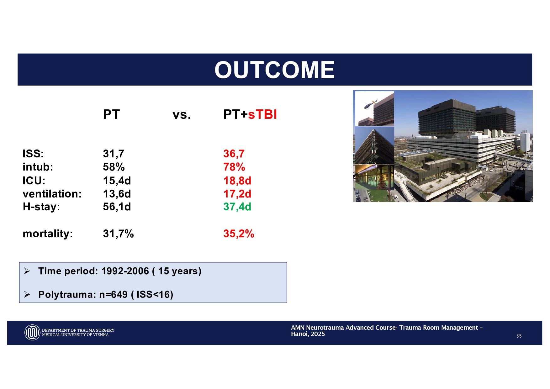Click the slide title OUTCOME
click(x=275, y=70)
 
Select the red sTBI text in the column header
click(x=262, y=114)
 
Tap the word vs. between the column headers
click(x=182, y=115)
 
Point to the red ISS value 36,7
click(x=234, y=154)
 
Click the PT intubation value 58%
click(x=114, y=167)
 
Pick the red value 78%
click(x=234, y=167)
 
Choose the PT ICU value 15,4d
click(x=117, y=181)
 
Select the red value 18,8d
click(x=237, y=181)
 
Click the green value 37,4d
click(x=237, y=207)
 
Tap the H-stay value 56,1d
click(x=117, y=207)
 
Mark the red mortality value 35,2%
click(x=239, y=234)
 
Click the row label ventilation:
click(x=52, y=194)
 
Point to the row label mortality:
click(x=48, y=234)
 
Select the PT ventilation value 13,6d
click(x=117, y=194)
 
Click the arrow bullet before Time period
click(x=27, y=271)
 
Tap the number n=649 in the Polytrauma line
click(x=114, y=294)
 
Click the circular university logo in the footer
click(x=32, y=332)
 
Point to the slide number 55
click(x=519, y=336)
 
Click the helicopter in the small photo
click(x=370, y=104)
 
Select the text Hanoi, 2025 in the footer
click(x=308, y=334)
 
